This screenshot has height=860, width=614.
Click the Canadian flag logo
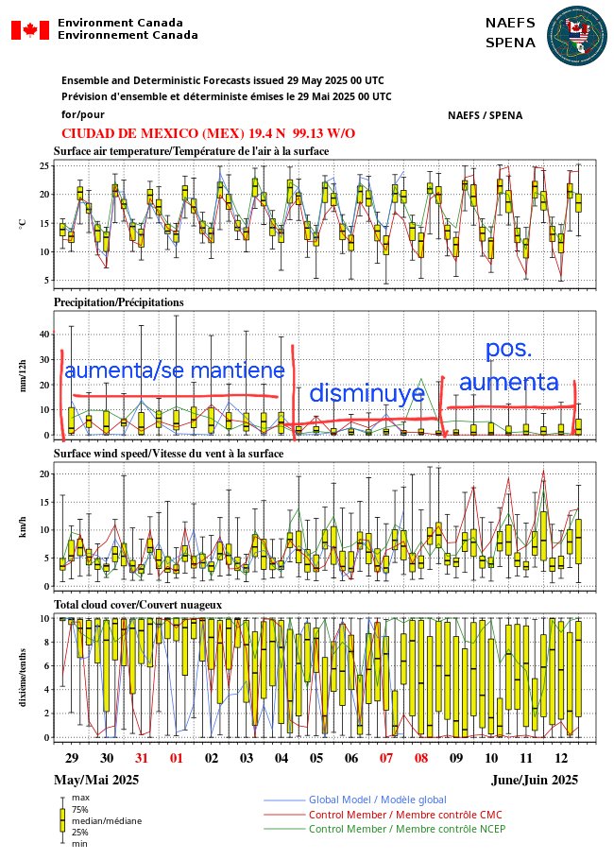[29, 30]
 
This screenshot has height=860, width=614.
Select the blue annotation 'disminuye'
[367, 394]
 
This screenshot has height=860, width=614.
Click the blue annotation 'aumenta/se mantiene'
[174, 370]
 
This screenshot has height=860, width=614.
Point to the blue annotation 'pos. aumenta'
[508, 366]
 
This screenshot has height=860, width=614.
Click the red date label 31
[142, 758]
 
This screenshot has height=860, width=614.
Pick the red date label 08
[421, 758]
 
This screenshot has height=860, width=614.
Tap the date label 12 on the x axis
[561, 758]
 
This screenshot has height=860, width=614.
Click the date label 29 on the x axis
[72, 758]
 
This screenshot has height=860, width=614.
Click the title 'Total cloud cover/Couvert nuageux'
[138, 603]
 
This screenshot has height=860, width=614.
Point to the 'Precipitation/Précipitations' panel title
[118, 302]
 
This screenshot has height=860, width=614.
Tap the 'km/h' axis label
[23, 527]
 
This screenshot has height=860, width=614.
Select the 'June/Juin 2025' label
[535, 780]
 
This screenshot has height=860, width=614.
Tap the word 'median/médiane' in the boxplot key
[106, 821]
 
